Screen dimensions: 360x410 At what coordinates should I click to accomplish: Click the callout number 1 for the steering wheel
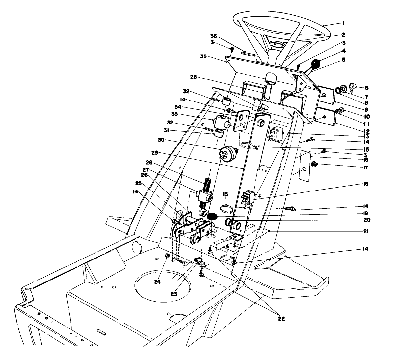(x=343, y=23)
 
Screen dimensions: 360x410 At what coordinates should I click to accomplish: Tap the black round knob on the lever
(x=316, y=64)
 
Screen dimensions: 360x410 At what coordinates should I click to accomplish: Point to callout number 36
(x=214, y=36)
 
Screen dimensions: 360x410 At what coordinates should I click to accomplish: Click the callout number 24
(x=157, y=281)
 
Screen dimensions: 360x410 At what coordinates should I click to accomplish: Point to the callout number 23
(x=174, y=293)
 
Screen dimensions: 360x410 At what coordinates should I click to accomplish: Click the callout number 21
(x=366, y=231)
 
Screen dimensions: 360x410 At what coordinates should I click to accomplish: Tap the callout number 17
(x=366, y=168)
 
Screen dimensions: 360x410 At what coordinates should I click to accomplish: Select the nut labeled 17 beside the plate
(x=313, y=164)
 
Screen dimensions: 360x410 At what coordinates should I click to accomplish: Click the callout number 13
(x=366, y=136)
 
